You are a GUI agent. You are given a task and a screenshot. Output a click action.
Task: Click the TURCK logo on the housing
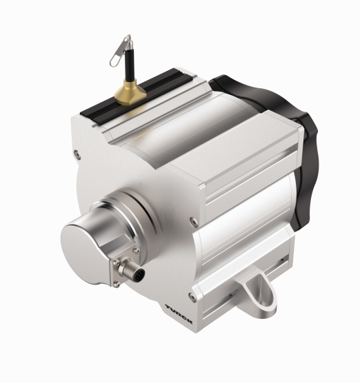pos(179,314)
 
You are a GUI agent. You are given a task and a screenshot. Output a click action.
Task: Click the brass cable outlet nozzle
pos(130,92)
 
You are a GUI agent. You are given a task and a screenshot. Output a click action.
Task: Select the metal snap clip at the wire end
pos(120,50)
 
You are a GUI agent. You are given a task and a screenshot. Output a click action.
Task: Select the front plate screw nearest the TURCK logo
pos(192,298)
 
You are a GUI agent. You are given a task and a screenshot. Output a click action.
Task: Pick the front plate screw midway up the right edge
pos(194,221)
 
